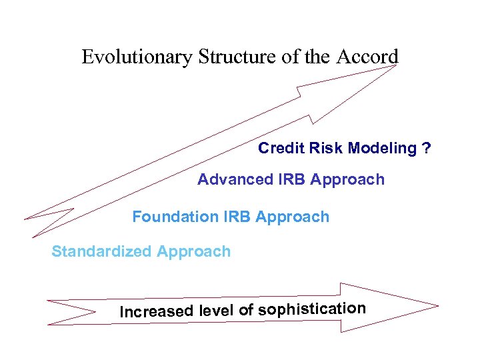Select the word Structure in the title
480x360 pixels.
pyautogui.click(x=237, y=57)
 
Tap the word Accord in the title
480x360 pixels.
pyautogui.click(x=367, y=57)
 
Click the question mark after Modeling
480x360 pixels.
pyautogui.click(x=427, y=148)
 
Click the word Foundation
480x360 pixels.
pyautogui.click(x=175, y=217)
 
